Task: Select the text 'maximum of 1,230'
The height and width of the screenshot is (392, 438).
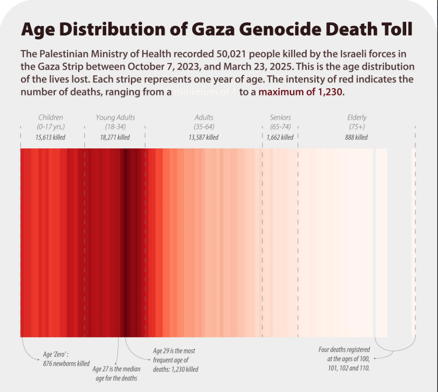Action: tap(300, 91)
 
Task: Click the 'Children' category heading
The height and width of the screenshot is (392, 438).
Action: tap(50, 117)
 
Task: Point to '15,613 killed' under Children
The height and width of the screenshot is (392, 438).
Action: tap(50, 137)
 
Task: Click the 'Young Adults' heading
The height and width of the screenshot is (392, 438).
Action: tap(115, 117)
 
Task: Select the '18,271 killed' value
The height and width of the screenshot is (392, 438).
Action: tap(115, 137)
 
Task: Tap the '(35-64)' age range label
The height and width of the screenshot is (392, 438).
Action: tap(204, 127)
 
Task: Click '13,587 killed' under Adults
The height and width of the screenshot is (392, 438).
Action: tap(203, 137)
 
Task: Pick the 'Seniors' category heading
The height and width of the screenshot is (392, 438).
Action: tap(280, 117)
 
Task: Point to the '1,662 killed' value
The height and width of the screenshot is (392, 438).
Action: tap(280, 137)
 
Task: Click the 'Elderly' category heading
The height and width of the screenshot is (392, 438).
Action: tap(356, 117)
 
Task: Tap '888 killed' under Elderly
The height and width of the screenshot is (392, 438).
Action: tap(356, 137)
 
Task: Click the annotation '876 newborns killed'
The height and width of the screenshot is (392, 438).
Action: tap(66, 364)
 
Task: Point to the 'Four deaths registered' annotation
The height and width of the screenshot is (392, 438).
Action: tap(344, 350)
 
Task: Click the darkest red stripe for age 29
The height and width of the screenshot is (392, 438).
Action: tap(128, 242)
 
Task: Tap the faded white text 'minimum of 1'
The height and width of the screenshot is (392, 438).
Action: tap(205, 92)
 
